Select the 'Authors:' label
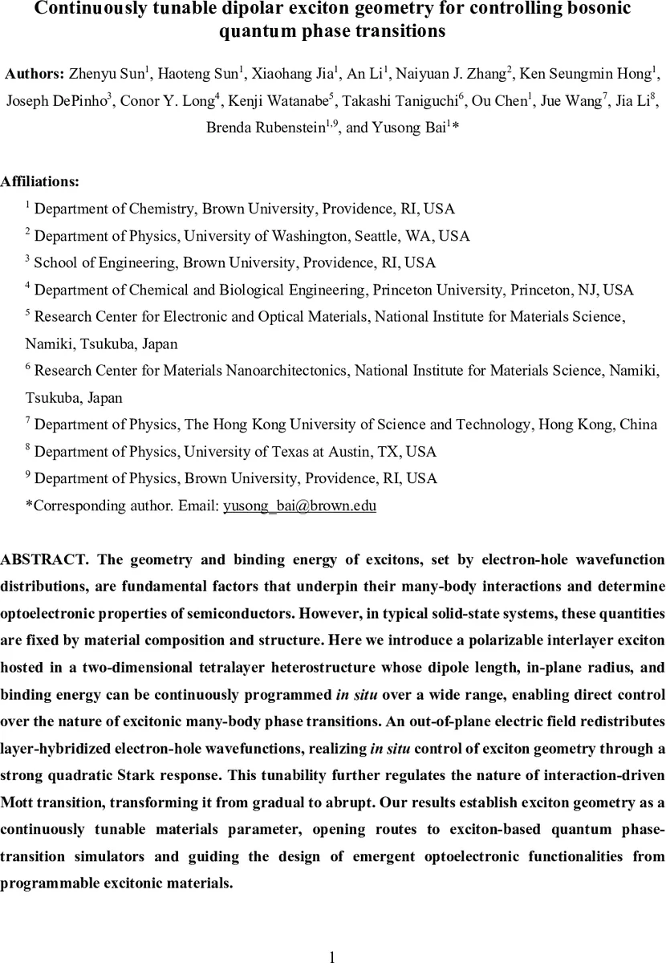pyautogui.click(x=35, y=75)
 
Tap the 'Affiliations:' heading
pyautogui.click(x=40, y=182)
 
